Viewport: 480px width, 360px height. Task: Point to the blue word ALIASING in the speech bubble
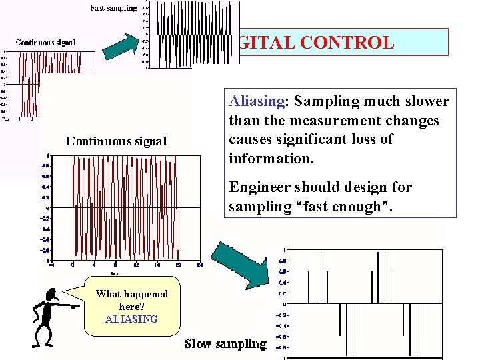[x=131, y=319]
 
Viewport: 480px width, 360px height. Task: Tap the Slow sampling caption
[x=225, y=344]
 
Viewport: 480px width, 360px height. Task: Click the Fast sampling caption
[x=113, y=8]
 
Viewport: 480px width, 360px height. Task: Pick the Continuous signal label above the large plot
[x=117, y=141]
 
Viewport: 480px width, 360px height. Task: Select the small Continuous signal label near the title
[x=45, y=43]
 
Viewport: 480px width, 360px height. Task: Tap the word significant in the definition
[x=306, y=139]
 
